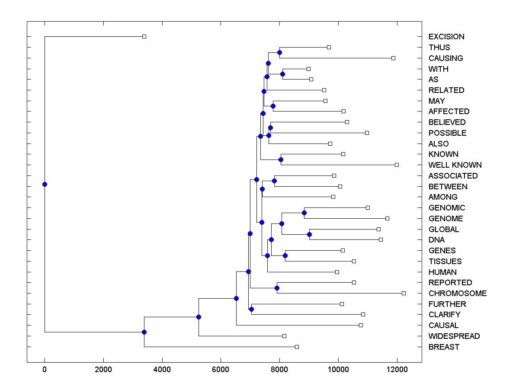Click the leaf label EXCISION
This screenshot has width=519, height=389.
point(446,37)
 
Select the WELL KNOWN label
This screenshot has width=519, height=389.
point(455,165)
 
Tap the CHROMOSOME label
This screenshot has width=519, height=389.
point(458,293)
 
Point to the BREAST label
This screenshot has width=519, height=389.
point(444,347)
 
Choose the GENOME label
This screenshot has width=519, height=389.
point(445,219)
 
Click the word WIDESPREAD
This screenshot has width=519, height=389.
point(454,336)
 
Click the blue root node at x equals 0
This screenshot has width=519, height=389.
point(45,184)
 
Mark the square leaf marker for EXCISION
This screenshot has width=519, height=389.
point(144,36)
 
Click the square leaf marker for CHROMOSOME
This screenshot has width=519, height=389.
point(404,293)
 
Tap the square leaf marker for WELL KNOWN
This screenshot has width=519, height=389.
point(397,165)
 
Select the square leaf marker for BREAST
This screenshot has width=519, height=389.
point(297,347)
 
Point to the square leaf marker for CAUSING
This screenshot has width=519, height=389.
point(393,58)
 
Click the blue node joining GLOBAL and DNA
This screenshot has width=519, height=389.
point(309,234)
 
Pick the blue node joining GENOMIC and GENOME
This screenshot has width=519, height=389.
point(304,213)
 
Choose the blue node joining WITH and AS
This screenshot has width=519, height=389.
point(282,74)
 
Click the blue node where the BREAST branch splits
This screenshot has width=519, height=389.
point(144,332)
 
